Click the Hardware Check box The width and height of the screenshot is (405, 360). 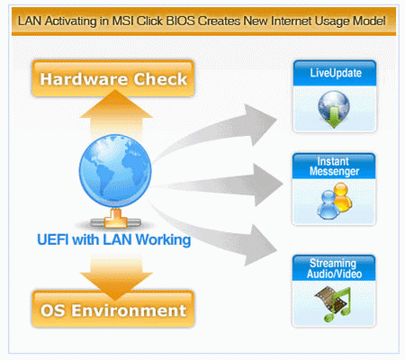[113, 78]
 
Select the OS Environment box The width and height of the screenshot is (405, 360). [113, 309]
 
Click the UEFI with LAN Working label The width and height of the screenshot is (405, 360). [114, 239]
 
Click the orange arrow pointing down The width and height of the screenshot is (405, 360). [116, 277]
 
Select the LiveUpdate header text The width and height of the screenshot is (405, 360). [336, 73]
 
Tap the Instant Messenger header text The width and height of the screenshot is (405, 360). [334, 166]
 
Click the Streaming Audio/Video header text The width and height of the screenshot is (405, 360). [334, 268]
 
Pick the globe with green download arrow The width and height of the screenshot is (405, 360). [334, 110]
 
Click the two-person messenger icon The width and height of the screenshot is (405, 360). [335, 201]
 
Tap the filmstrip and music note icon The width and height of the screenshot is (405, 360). [333, 303]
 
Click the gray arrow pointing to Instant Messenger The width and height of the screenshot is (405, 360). [219, 185]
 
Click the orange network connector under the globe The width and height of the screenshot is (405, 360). [116, 219]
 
